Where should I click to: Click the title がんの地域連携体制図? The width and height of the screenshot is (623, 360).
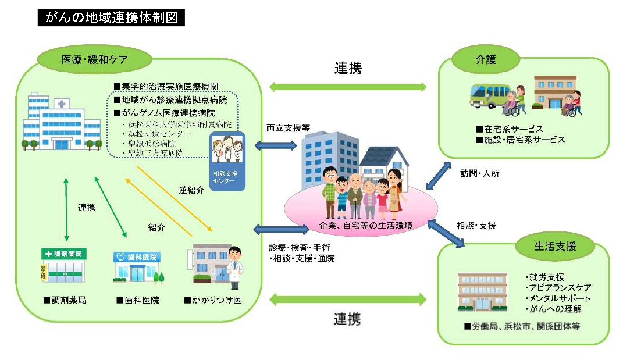111,18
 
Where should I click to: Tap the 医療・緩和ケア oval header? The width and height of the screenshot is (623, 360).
95,59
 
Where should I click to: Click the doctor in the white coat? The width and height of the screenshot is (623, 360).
234,265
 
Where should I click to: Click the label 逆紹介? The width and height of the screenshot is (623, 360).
191,190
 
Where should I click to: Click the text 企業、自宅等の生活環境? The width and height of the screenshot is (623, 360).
358,225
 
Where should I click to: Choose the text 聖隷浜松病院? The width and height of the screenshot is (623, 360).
151,144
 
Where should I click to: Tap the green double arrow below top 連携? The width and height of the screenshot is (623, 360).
347,87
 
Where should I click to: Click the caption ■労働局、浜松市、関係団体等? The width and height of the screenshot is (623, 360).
522,326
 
